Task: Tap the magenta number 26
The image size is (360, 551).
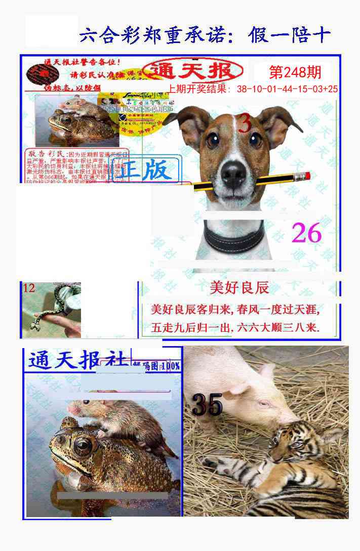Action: coord(307,233)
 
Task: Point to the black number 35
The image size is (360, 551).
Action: coord(207,405)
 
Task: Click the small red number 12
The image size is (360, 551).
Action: coord(29,288)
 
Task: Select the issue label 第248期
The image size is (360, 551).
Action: coord(295,73)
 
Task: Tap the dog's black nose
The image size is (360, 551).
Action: coord(233,174)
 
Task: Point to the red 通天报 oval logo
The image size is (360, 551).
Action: coord(192,71)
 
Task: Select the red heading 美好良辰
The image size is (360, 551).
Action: coord(239,288)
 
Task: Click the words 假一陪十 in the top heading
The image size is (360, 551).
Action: coord(290,35)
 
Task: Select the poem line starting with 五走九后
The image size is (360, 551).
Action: coord(235,328)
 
